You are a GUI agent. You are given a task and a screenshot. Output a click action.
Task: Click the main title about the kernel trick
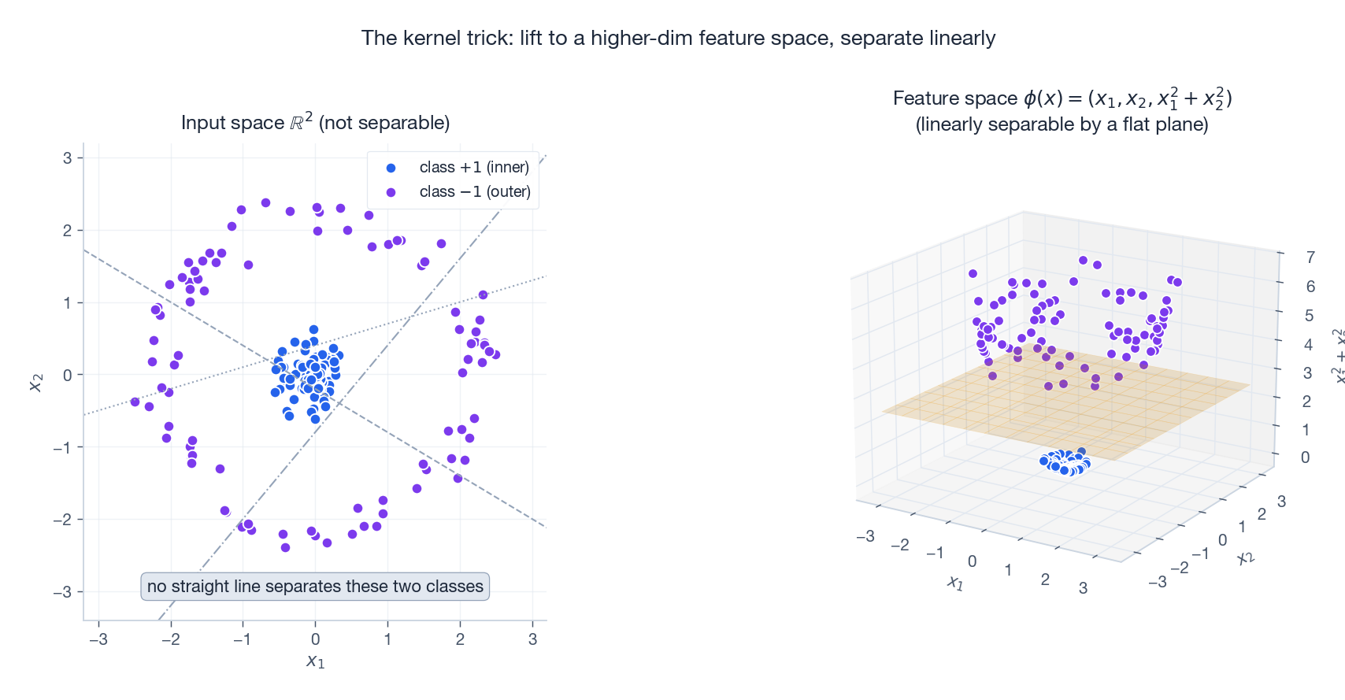678,38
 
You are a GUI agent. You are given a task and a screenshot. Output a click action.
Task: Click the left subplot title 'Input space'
315,122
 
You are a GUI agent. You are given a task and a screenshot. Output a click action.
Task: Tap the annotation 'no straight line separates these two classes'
315,587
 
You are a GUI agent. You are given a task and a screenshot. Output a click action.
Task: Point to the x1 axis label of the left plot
315,661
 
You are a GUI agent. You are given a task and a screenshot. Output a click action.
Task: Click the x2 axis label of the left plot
35,382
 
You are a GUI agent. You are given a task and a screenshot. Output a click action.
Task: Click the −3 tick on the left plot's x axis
98,639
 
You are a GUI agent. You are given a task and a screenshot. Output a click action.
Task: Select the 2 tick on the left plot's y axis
68,230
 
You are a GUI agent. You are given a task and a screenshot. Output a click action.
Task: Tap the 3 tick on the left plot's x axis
533,639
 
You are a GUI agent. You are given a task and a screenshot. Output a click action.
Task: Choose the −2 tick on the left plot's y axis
63,520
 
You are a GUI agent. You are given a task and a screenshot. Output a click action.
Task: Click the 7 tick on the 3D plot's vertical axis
1310,257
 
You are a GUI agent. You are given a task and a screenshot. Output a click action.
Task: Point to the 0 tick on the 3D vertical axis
1305,457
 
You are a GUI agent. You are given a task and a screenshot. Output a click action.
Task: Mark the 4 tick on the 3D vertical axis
1308,344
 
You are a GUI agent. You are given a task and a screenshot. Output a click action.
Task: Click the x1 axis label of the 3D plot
955,583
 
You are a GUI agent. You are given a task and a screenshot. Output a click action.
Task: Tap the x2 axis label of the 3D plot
1245,557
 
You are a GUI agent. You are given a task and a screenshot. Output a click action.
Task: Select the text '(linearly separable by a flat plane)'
1062,124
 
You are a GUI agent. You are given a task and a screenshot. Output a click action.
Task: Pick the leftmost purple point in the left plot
135,402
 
